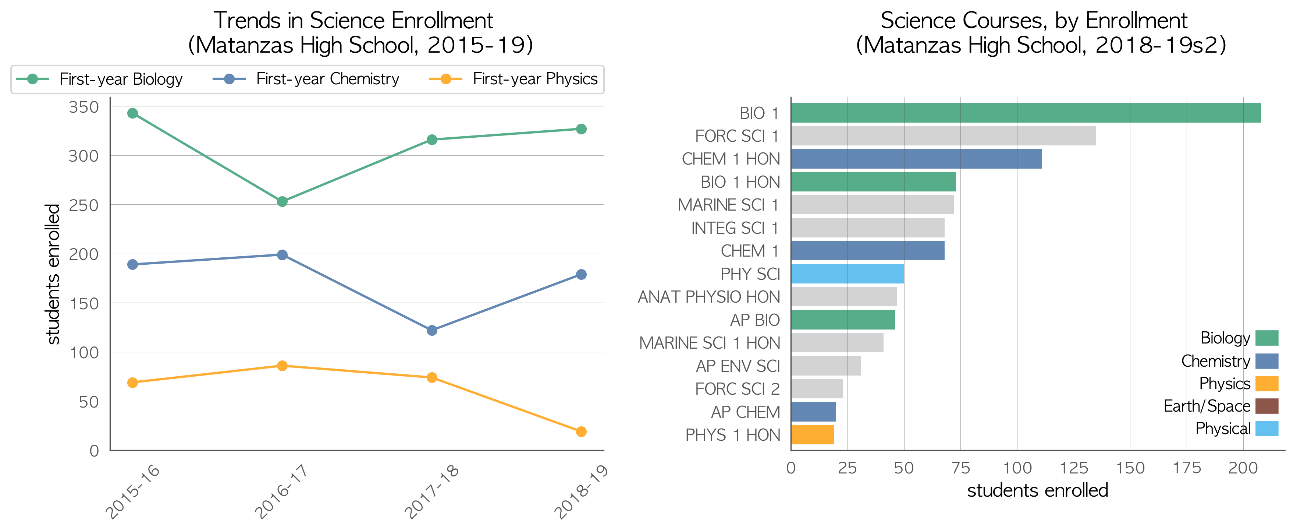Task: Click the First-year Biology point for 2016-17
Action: tap(283, 201)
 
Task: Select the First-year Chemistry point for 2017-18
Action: tap(432, 331)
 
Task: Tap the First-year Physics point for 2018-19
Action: tap(581, 432)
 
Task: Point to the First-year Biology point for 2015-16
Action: tap(133, 113)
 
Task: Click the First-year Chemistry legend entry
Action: tap(306, 79)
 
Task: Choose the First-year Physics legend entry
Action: tap(513, 79)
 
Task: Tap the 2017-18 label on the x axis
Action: tap(432, 491)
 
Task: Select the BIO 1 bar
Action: tap(1026, 113)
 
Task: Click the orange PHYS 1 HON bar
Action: tap(813, 435)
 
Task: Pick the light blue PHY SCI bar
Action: tap(848, 274)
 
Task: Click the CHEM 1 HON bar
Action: tap(917, 159)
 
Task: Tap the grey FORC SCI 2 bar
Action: tap(817, 389)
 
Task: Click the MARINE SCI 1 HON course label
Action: tap(710, 343)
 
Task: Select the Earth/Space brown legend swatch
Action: tap(1267, 406)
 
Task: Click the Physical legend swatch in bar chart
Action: tap(1267, 429)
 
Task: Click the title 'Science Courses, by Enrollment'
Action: tap(1034, 21)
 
